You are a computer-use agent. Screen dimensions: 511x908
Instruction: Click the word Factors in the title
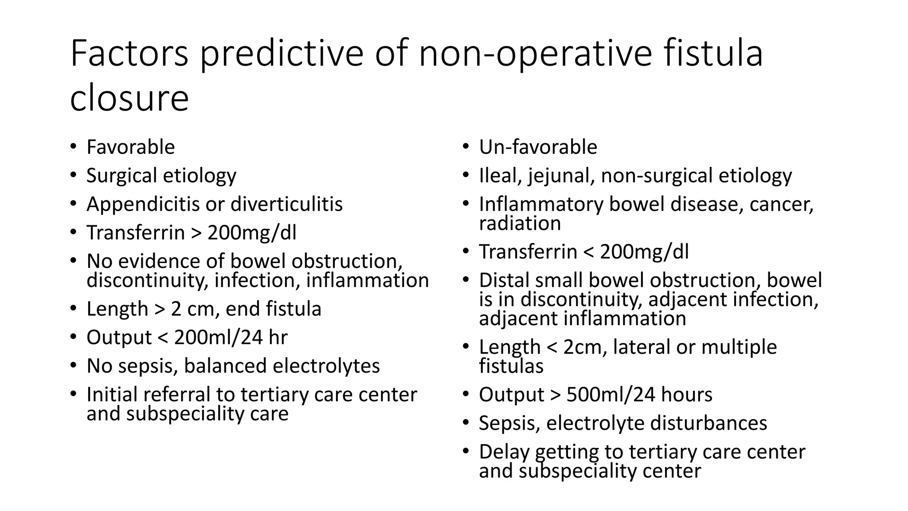point(129,54)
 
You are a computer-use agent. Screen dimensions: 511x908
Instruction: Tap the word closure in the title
point(129,98)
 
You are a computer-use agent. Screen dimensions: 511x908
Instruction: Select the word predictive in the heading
point(281,54)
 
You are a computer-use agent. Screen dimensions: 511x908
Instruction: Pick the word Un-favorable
point(538,147)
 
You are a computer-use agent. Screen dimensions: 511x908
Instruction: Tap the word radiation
point(520,223)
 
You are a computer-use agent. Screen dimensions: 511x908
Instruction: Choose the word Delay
point(504,452)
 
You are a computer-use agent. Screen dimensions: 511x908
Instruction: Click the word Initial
point(112,394)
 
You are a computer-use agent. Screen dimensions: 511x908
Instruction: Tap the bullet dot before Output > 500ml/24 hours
point(466,393)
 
